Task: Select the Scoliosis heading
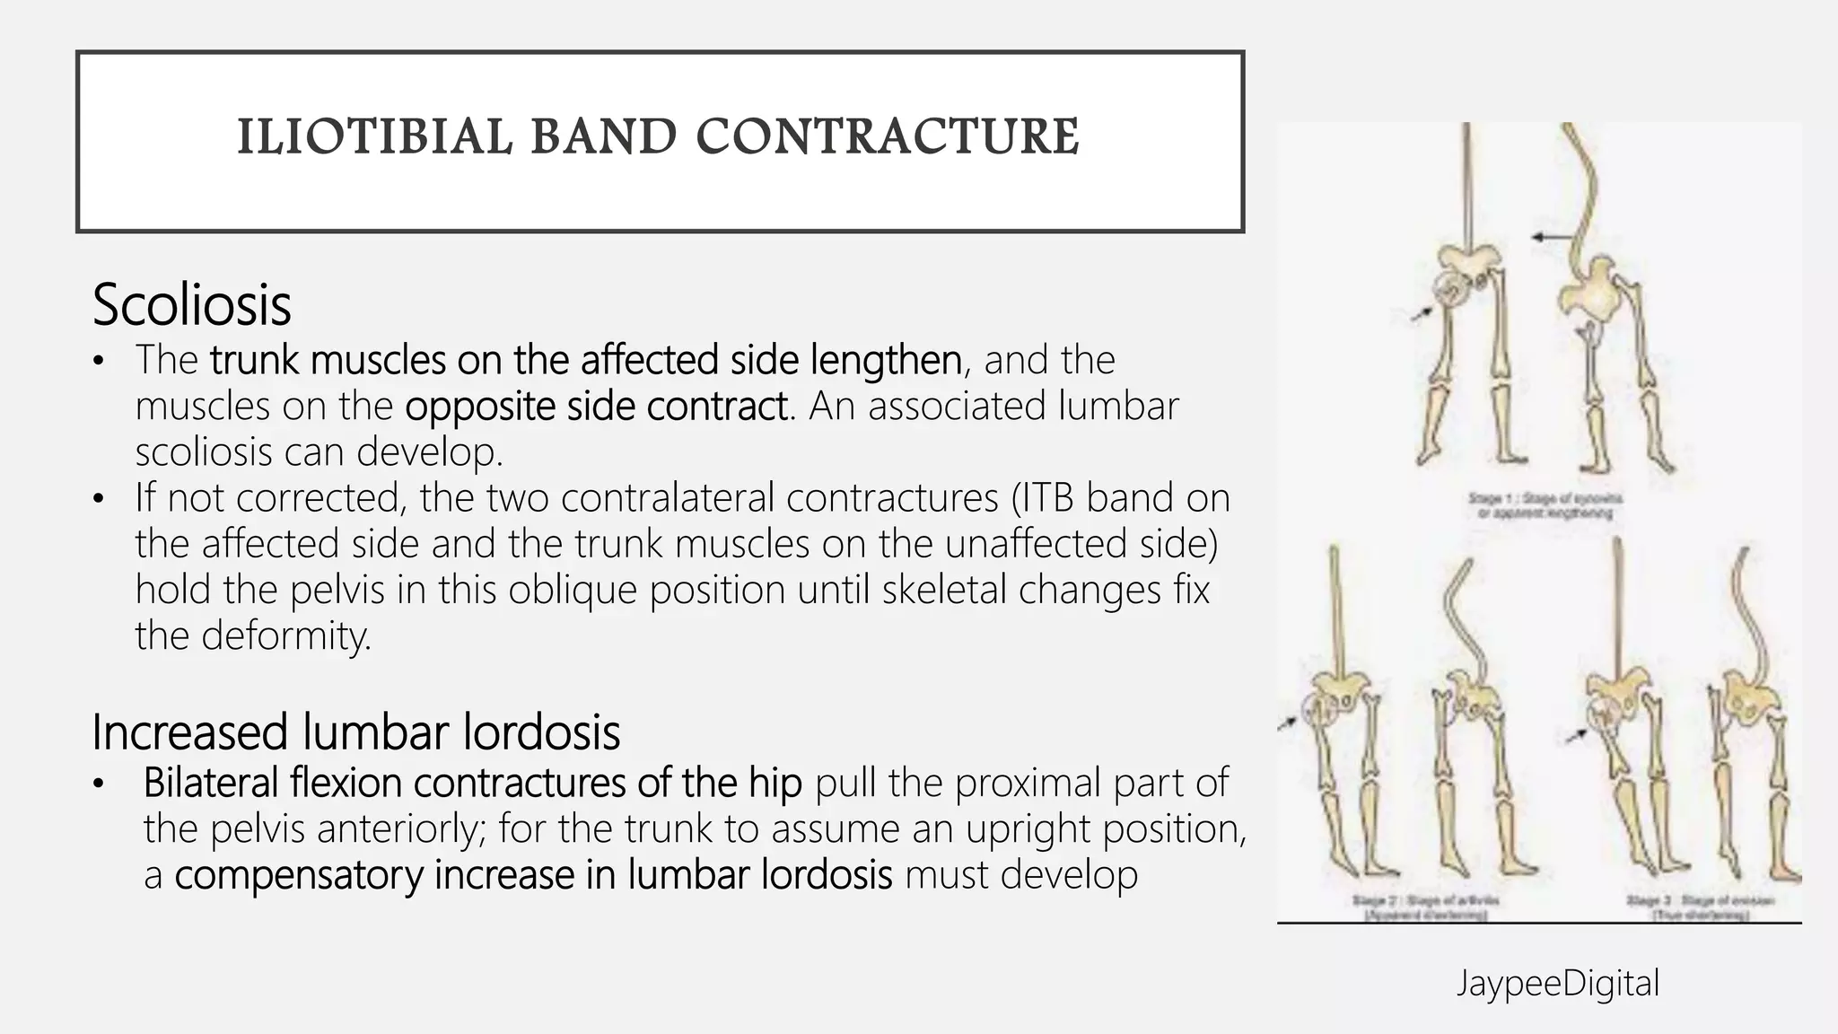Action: click(191, 305)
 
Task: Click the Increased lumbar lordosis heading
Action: click(355, 732)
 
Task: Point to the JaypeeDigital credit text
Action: click(1557, 983)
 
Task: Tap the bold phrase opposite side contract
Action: click(597, 406)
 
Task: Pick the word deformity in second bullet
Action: click(284, 635)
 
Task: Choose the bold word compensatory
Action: click(298, 875)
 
